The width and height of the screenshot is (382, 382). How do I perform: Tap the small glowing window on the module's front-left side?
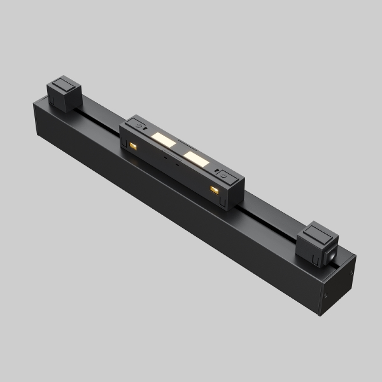pos(134,147)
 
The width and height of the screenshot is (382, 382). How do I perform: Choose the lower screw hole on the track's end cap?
pos(327,297)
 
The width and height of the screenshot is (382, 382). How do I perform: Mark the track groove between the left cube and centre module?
pos(99,115)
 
